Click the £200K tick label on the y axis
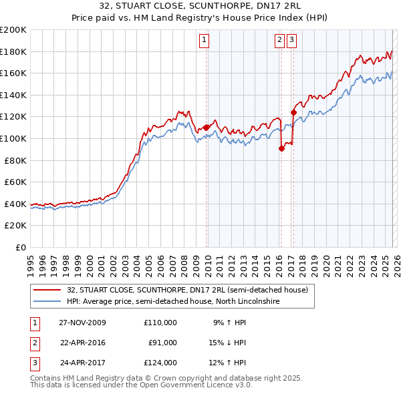coord(13,30)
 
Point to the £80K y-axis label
coord(15,160)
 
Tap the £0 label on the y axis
coord(21,247)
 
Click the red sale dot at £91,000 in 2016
coord(281,148)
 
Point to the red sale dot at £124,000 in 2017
coord(293,112)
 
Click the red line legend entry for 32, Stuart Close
coord(187,290)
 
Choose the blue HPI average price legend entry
coord(172,302)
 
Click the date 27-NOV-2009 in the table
coord(82,323)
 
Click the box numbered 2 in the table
coord(33,343)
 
